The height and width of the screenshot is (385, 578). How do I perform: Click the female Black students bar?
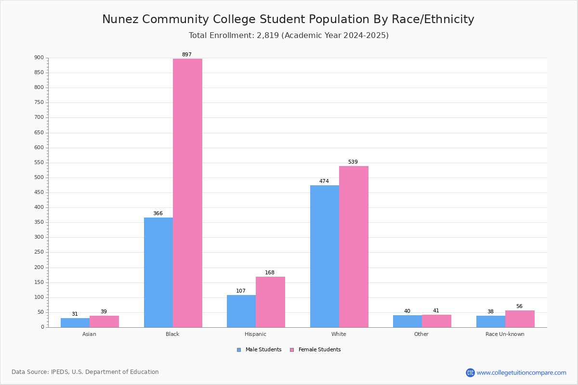coord(187,193)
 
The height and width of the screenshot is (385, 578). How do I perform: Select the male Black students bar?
coord(158,272)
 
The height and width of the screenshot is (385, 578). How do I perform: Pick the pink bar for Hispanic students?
coord(270,302)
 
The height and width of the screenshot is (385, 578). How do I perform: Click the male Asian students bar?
coord(75,322)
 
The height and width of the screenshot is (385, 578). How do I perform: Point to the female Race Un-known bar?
coord(520,319)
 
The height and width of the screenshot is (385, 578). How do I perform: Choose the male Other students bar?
coord(407,321)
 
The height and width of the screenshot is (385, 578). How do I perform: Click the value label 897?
coord(186,55)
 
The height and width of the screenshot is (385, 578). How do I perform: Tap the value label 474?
coord(324,181)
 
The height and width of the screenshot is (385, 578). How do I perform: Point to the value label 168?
coord(270,273)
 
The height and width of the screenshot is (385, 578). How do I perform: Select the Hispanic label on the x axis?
coord(255,334)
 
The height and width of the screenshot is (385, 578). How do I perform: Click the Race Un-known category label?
coord(505,334)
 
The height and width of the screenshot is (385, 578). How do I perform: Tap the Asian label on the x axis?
coord(89,334)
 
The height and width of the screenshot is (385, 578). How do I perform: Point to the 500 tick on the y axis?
coord(39,178)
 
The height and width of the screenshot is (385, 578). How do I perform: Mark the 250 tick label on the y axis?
coord(39,252)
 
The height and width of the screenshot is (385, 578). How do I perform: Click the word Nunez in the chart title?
coord(120,20)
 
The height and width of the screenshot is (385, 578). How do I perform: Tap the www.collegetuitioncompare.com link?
coord(521,372)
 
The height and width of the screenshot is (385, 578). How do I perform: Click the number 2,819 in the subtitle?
coord(268,36)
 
